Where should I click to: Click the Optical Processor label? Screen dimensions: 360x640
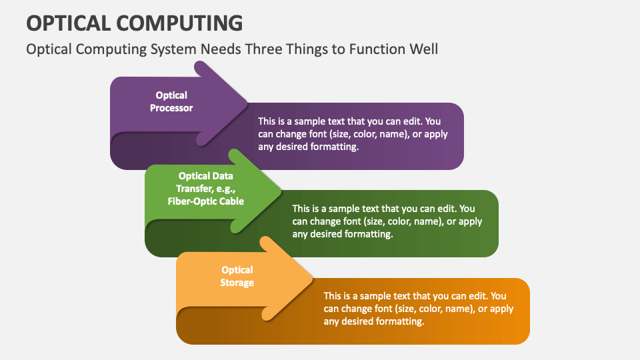click(x=171, y=101)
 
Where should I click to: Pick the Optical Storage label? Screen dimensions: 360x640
click(x=237, y=276)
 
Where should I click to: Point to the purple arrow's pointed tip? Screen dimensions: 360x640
click(x=247, y=104)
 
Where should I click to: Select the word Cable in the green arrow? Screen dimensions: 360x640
click(x=231, y=201)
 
